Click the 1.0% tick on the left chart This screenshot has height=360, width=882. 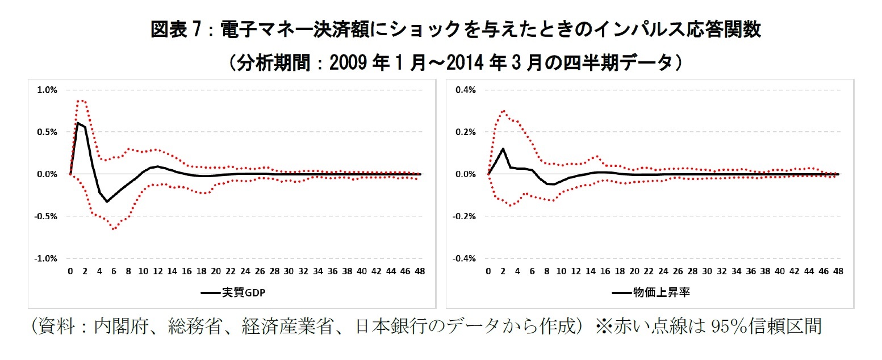48,90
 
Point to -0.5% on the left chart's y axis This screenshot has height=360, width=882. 47,216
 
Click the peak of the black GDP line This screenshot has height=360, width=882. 78,123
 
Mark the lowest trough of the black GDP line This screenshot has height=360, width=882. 107,202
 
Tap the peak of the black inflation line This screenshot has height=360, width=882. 503,149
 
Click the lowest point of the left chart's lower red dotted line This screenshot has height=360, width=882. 114,229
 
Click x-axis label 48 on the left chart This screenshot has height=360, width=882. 420,271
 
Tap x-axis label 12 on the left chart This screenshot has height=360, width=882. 158,271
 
